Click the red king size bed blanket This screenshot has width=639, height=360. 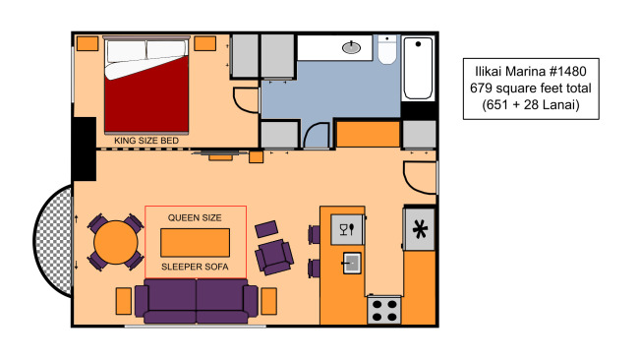coord(146,102)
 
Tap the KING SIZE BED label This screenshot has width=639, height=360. coord(146,141)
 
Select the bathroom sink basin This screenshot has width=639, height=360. coord(351,47)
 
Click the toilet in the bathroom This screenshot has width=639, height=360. coord(386,49)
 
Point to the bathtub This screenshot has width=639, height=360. coord(418,68)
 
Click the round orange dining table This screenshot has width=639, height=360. coord(116,242)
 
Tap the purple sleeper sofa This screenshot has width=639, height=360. coord(196,300)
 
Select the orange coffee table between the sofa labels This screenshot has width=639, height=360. coord(195,243)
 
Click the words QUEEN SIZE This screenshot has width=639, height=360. coord(195,217)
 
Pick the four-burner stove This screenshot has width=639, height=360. coord(384,310)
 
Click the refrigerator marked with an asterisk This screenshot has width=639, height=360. coord(420,229)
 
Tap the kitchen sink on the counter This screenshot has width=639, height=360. coord(351,263)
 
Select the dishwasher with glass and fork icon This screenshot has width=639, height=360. coord(347,229)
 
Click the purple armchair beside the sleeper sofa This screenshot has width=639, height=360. coord(274,257)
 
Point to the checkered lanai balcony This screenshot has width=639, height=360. coord(53,241)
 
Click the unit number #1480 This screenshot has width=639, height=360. coord(567,72)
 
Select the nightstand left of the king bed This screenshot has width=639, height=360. coord(87,43)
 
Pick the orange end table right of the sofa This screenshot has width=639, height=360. coord(268,301)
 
